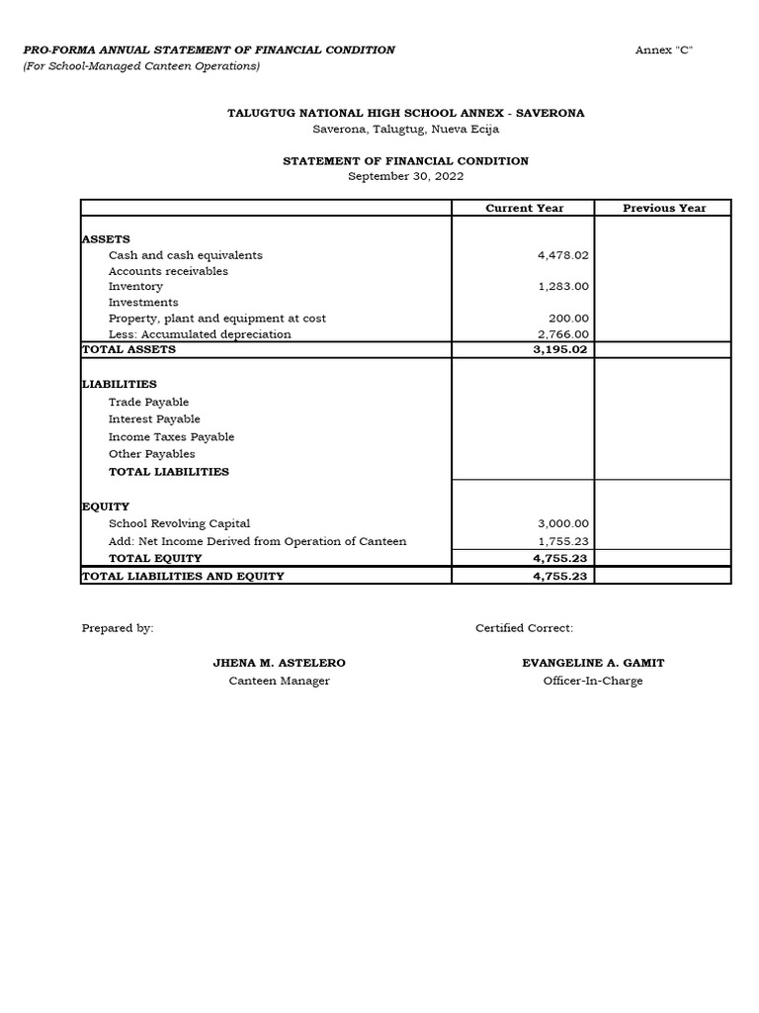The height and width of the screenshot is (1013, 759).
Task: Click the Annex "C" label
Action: tap(664, 50)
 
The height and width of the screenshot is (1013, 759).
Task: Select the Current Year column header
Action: tap(524, 208)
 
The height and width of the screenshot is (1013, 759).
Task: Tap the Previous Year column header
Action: tap(664, 208)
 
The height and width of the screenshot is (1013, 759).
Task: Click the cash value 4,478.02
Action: tap(562, 255)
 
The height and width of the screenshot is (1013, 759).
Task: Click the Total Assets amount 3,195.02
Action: tap(560, 349)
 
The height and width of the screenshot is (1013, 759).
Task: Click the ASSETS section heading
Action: tap(106, 239)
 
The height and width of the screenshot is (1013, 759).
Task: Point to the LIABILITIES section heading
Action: tap(119, 384)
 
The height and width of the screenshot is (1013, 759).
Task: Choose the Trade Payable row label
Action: tap(148, 403)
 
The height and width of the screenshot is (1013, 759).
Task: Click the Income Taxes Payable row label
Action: tap(171, 437)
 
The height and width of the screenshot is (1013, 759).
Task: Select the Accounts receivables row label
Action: tap(168, 271)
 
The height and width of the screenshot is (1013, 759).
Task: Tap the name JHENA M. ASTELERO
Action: tap(280, 663)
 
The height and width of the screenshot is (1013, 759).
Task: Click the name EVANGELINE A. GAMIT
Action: tap(593, 663)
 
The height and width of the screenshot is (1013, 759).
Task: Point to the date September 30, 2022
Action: tap(405, 176)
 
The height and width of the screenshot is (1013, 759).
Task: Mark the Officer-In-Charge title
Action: tap(593, 681)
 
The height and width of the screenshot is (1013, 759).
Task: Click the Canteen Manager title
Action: tap(280, 681)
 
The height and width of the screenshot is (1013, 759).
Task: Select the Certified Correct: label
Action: tap(524, 628)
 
